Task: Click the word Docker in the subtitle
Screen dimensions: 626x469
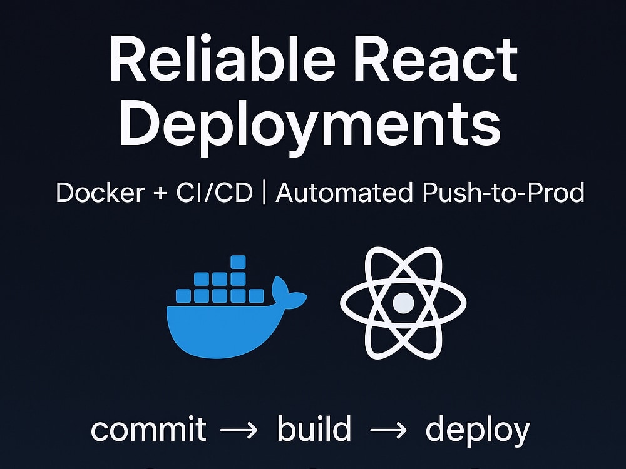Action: pyautogui.click(x=100, y=193)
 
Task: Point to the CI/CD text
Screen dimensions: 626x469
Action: pyautogui.click(x=214, y=193)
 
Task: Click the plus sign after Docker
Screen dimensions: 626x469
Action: pyautogui.click(x=160, y=194)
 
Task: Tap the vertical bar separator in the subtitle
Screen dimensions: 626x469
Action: pyautogui.click(x=264, y=193)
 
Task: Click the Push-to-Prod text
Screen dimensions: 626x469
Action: pyautogui.click(x=503, y=193)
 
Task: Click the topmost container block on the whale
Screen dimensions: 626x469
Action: pyautogui.click(x=238, y=262)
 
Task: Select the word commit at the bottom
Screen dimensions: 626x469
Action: pyautogui.click(x=148, y=430)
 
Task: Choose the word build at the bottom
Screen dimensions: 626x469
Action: pyautogui.click(x=314, y=428)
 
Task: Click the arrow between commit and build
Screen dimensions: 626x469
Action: pyautogui.click(x=239, y=430)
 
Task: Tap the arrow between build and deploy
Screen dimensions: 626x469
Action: pyautogui.click(x=389, y=430)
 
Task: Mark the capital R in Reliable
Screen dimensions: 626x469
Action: pyautogui.click(x=127, y=59)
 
